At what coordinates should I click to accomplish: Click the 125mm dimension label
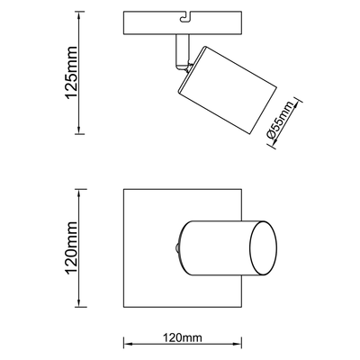click(71, 72)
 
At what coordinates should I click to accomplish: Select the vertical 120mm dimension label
click(71, 247)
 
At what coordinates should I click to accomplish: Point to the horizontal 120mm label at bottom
click(183, 337)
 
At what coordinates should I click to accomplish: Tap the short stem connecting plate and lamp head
click(182, 51)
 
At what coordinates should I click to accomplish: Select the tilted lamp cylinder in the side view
click(228, 90)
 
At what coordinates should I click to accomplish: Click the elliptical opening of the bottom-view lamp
click(264, 248)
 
